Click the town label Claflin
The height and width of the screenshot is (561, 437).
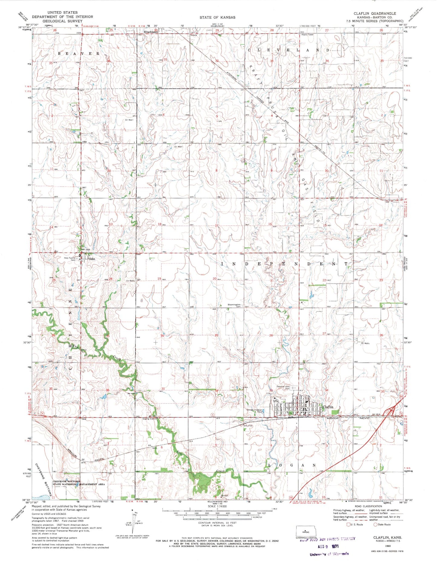point(328,407)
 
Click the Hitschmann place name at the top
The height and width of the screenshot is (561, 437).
point(151,32)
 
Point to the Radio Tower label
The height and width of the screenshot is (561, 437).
point(308,35)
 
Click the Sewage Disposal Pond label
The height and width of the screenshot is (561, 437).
point(254,411)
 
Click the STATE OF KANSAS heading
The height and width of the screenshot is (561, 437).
point(217,18)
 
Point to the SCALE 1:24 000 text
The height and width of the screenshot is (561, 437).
point(217,506)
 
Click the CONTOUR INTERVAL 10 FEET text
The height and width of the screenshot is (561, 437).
point(217,523)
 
